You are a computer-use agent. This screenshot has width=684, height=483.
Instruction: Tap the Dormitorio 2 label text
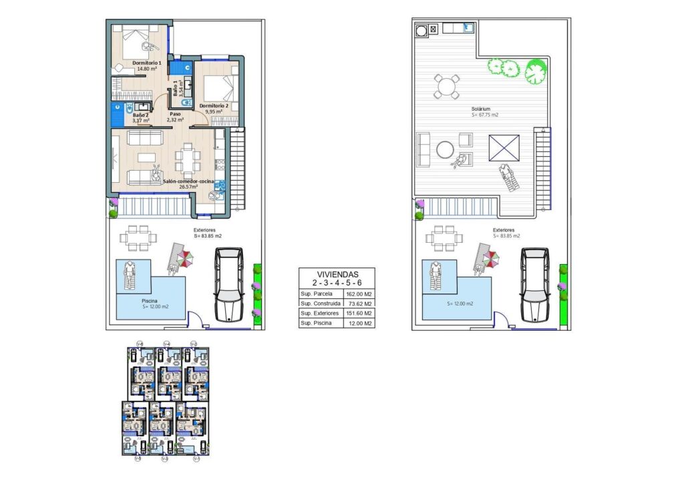point(214,105)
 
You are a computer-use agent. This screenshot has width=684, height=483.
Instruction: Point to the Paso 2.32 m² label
point(175,116)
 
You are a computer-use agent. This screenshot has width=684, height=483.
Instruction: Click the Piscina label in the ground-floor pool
point(149,301)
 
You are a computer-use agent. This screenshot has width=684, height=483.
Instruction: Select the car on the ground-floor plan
point(228,284)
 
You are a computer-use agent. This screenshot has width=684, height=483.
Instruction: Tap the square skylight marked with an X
point(504,147)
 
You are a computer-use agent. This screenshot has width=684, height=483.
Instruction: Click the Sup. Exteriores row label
point(317,314)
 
